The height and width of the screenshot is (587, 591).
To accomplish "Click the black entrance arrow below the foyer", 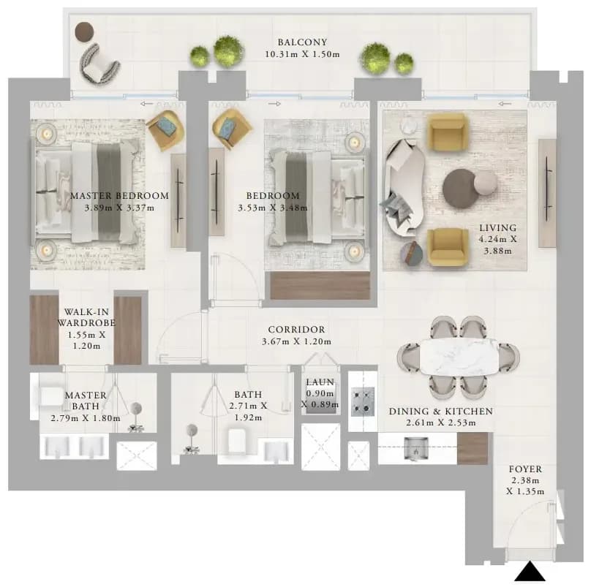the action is [530, 571].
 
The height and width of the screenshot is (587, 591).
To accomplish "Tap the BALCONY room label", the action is [302, 42].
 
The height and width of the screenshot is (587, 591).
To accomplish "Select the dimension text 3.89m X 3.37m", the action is [119, 208].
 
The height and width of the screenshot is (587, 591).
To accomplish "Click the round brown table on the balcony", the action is [84, 31].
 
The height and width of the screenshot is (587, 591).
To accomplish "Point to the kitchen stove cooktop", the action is [363, 402].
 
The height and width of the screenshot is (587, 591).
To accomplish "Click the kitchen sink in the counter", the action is [415, 449].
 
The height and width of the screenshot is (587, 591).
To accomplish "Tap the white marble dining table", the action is [459, 357].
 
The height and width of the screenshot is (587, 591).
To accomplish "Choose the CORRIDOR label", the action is [297, 330].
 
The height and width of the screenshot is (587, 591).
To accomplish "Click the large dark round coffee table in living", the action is [460, 188].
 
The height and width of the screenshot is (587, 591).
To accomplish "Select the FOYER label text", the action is [525, 469].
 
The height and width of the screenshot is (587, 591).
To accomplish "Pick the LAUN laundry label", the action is [320, 382].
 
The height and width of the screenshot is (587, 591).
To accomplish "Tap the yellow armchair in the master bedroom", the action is [165, 130].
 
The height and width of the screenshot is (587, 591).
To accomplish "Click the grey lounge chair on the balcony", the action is [98, 64].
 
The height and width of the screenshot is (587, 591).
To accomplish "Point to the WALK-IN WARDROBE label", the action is [86, 317].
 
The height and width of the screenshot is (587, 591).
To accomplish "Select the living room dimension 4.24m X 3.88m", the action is [497, 245].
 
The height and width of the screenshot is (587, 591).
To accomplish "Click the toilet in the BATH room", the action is [238, 442].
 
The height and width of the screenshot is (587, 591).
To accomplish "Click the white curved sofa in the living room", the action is [404, 188].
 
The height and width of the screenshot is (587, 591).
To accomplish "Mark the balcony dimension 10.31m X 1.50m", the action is [302, 54].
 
